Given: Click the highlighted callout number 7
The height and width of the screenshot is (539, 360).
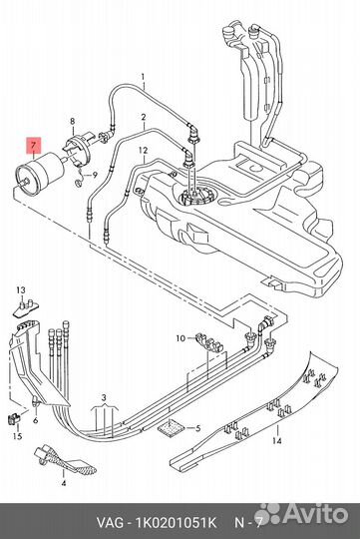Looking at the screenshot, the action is pos(34,145).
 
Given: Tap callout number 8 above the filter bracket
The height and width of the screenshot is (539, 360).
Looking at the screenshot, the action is pos(72,121).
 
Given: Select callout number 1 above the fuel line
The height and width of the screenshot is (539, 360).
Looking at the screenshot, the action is pos(143,76).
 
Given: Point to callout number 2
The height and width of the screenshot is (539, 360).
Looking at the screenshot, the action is pos(143,117).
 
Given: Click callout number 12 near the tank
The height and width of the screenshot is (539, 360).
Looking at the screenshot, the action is pos(143,150).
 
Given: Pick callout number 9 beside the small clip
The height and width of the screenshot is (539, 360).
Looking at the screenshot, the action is pos(95,175).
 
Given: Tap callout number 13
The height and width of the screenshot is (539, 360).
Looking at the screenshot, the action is pos(21,290).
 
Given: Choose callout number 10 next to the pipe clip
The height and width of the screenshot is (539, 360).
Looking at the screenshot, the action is pos(180,338).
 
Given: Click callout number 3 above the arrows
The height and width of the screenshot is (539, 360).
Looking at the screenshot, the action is pos(104,397).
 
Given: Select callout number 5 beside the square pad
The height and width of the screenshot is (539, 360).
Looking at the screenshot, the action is pos(197,428).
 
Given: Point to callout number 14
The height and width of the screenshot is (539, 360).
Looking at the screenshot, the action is pos(277,440).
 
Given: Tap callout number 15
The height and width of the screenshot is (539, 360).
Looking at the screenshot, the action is pos(17,436).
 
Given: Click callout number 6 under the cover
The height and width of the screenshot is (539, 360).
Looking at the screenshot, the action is pos(35,420).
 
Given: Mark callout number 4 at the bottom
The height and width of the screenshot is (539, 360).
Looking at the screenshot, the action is pos(64,483).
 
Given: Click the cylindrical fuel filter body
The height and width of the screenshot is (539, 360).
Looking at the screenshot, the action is pos(41,174).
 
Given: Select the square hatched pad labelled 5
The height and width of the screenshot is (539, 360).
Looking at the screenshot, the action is pos(171,428).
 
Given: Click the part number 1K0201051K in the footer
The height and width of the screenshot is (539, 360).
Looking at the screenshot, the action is pos(177,523).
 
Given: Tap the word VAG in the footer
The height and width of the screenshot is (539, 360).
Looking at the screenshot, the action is pos(110,523).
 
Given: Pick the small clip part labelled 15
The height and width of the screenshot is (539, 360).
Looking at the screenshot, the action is pos(14,418).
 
